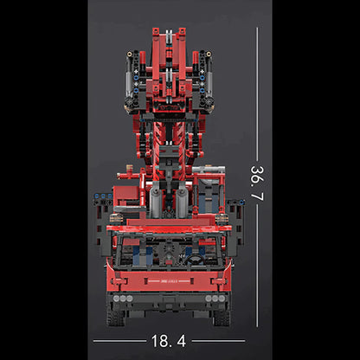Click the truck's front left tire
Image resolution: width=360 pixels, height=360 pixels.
coord(115,315)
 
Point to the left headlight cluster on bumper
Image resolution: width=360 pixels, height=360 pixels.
coord(122,298)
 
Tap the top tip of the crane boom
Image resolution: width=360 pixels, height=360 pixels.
coord(170,31)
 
